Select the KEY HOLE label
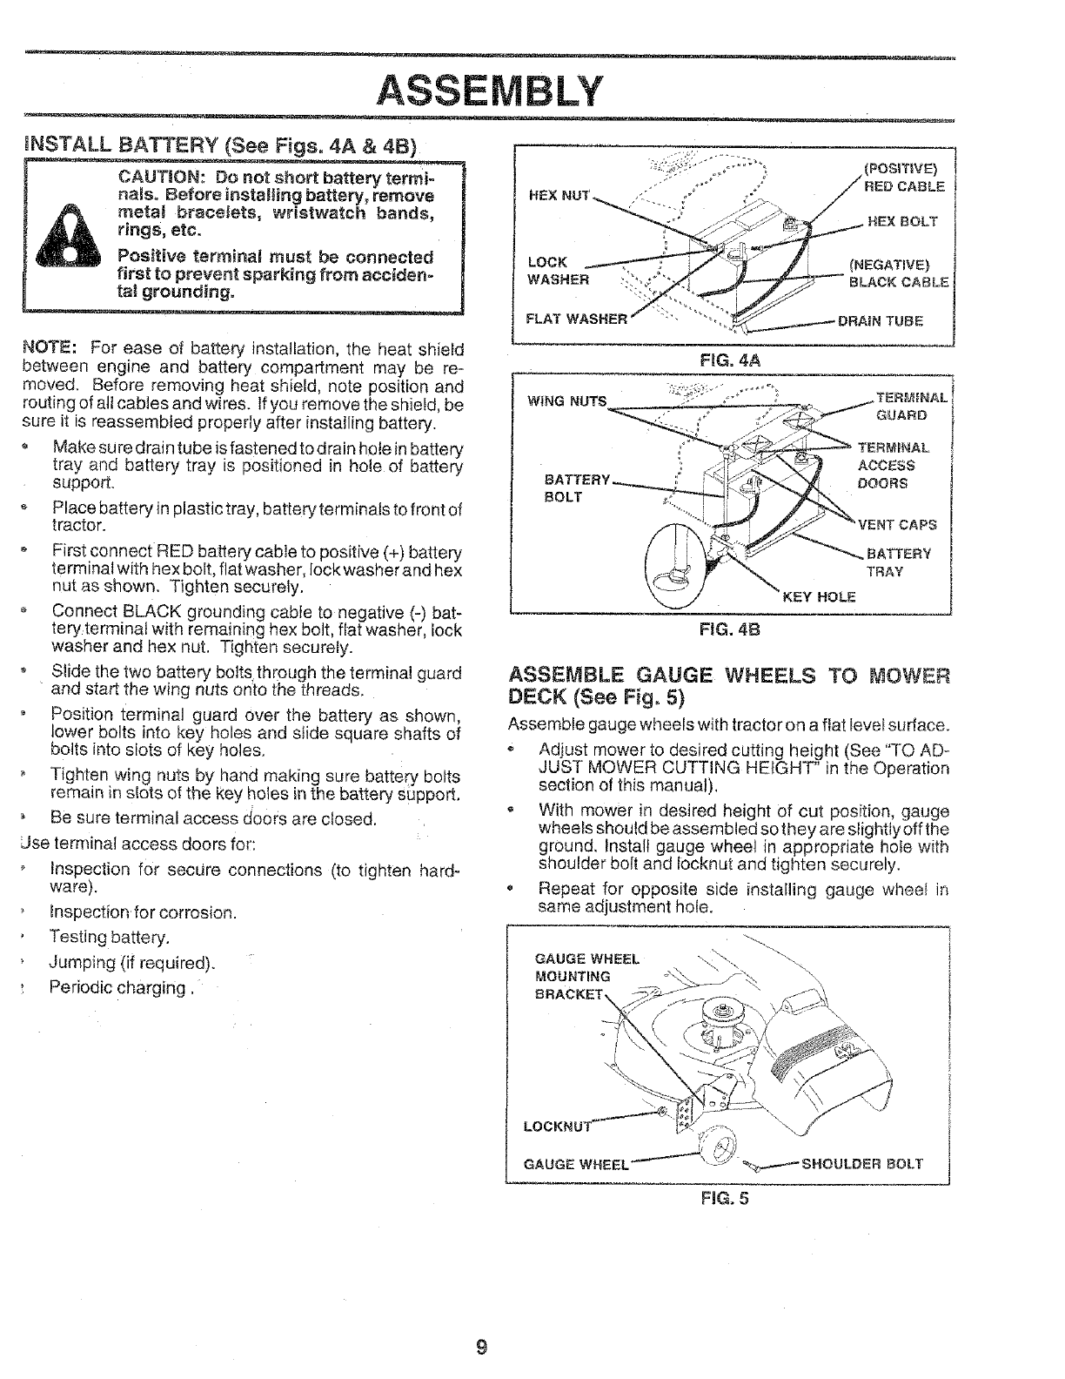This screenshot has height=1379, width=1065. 819,597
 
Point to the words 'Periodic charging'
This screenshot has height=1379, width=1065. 117,987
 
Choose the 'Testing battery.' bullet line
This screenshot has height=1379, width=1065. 110,937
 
